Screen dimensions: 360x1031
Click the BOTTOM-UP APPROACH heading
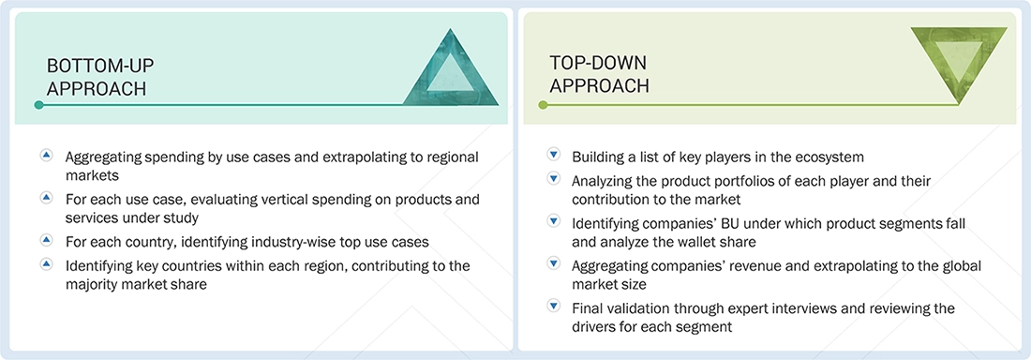pos(100,77)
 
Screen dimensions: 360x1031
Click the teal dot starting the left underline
pos(38,105)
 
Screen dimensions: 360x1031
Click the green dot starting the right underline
pos(543,105)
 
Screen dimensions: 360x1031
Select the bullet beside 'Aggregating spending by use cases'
pos(47,155)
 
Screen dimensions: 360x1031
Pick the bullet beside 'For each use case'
pos(47,198)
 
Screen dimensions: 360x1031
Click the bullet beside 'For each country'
pos(47,241)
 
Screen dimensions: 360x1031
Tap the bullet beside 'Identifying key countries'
pos(47,264)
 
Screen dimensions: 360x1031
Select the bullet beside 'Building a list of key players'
pos(553,155)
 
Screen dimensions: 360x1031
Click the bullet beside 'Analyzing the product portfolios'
pos(553,178)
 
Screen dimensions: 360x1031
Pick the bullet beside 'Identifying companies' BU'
pos(553,221)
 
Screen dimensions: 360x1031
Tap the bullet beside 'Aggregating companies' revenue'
pos(553,264)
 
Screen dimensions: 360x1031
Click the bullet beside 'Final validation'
pos(553,307)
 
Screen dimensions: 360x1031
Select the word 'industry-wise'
pos(276,242)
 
